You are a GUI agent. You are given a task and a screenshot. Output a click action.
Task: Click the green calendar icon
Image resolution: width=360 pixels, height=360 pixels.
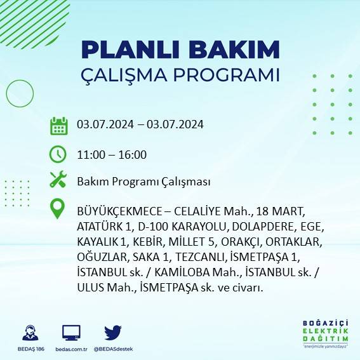[x=58, y=126]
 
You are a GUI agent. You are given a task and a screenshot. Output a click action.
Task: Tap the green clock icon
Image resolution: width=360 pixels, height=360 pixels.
[x=58, y=154]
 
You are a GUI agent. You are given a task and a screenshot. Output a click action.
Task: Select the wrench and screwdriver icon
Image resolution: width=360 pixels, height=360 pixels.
[x=58, y=180]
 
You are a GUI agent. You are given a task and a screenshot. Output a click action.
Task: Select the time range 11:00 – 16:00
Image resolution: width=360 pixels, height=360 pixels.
[x=112, y=155]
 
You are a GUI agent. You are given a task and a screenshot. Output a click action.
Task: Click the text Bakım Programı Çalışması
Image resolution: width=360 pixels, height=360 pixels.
[x=143, y=182]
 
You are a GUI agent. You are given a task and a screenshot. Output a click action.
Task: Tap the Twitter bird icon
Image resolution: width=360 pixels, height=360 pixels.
[x=113, y=333]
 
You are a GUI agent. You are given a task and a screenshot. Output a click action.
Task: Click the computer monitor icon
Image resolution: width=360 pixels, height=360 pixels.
[x=71, y=333]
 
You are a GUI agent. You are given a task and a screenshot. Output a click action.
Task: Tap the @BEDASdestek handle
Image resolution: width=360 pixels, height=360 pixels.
[x=113, y=349]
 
